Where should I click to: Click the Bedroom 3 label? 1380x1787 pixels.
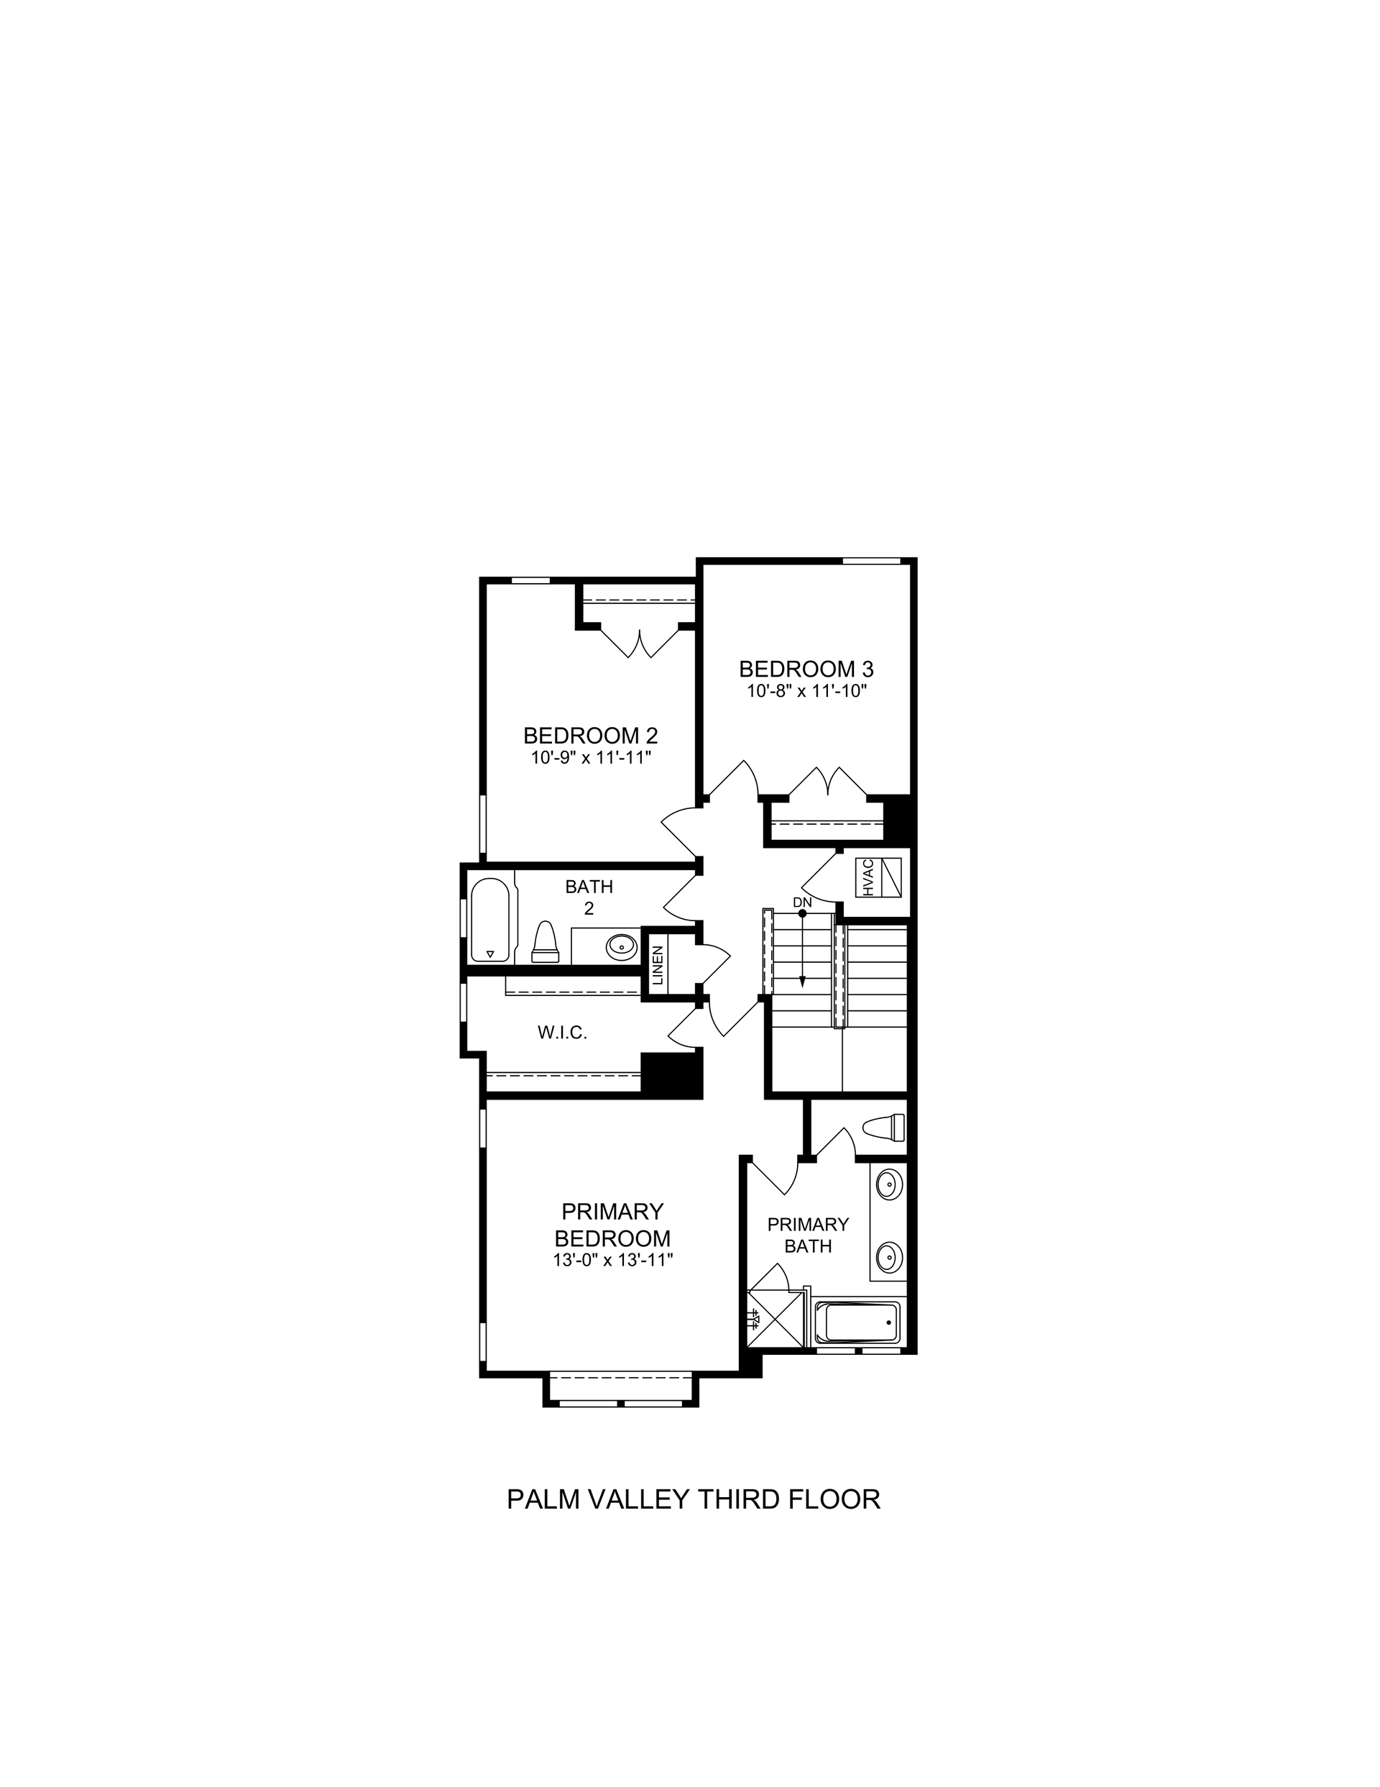[x=806, y=669]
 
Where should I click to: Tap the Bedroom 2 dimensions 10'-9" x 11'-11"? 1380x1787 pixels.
[x=591, y=758]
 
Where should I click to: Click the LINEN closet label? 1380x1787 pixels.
[x=657, y=966]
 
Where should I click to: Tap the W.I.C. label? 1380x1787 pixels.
[x=562, y=1033]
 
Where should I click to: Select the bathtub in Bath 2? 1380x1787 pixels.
[x=491, y=920]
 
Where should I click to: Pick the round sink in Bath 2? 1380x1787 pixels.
[x=622, y=946]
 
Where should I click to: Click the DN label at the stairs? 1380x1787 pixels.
[x=801, y=902]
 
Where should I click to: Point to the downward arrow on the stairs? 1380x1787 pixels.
[x=802, y=949]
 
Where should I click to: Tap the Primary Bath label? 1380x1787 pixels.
[x=808, y=1235]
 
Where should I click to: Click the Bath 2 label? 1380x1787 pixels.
[x=589, y=897]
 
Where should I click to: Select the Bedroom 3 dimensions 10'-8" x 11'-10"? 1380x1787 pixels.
[x=806, y=690]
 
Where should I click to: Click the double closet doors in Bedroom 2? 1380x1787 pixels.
[x=640, y=641]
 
